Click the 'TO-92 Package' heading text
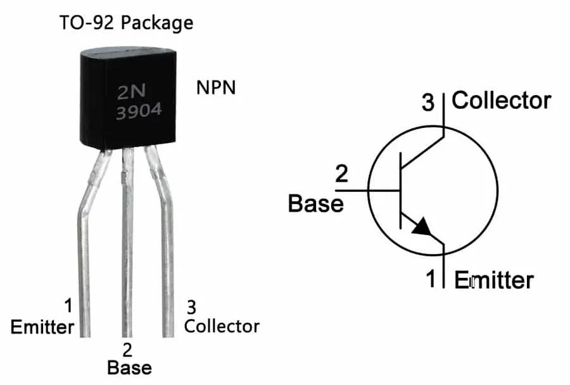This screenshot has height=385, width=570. [x=127, y=23]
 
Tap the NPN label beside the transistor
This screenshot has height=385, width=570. [x=215, y=87]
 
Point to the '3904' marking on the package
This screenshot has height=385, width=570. [x=137, y=112]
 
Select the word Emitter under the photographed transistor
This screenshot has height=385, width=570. [x=42, y=327]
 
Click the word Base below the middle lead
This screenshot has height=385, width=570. [x=129, y=367]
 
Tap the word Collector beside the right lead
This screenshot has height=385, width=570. [x=222, y=326]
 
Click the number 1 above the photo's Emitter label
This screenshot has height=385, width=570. [x=68, y=306]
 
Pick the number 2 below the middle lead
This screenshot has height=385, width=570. [x=127, y=349]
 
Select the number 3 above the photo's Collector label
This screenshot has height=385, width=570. [x=191, y=308]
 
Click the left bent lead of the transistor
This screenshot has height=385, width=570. [x=86, y=253]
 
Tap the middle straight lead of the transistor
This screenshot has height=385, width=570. [x=127, y=253]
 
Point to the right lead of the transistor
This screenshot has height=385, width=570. [x=167, y=253]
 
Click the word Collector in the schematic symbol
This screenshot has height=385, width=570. [x=502, y=100]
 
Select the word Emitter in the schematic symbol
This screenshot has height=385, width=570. [x=494, y=279]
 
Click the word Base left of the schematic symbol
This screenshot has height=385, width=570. [x=315, y=203]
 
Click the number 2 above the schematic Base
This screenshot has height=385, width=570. [x=341, y=174]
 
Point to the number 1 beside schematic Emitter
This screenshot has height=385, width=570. [x=431, y=279]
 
